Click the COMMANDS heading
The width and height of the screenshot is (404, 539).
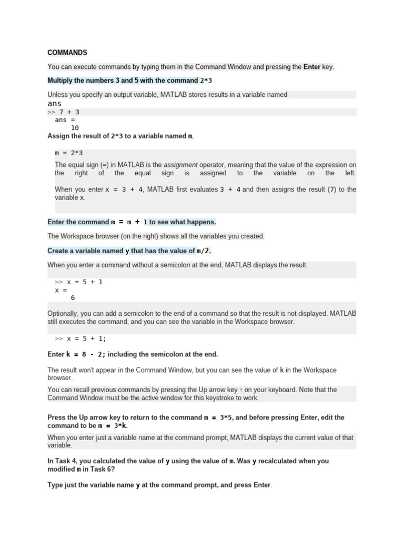[67, 53]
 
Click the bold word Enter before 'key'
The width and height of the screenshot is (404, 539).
[312, 67]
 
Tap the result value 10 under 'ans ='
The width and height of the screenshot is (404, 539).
[75, 128]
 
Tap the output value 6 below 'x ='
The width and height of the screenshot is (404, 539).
[73, 297]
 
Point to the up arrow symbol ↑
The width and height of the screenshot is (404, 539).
[240, 390]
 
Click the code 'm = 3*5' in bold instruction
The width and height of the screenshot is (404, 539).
[218, 417]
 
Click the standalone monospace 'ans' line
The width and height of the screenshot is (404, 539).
[55, 104]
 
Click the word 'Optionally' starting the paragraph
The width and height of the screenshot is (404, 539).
[64, 313]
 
